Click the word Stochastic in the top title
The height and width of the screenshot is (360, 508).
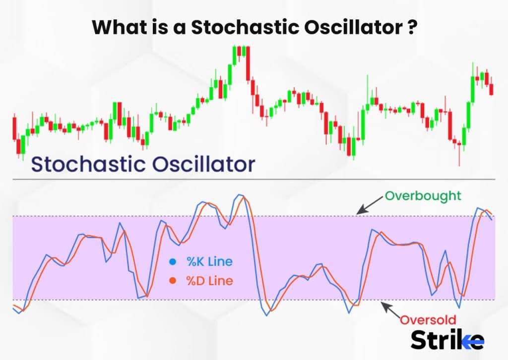245,27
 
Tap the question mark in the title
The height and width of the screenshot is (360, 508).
411,27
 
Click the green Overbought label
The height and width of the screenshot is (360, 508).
423,196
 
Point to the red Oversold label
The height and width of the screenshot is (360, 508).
428,320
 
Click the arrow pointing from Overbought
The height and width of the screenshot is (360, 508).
370,205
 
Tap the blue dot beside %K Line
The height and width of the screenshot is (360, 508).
173,262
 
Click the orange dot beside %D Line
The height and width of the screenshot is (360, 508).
173,281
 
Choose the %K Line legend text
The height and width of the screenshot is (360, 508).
209,262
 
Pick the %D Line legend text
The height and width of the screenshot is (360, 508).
209,281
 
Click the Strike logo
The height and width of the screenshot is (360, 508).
447,340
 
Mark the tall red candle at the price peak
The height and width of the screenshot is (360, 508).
248,63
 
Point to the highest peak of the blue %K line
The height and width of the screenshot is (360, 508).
240,194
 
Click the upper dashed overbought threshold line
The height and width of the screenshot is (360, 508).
254,216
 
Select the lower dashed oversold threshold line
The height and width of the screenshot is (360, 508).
254,300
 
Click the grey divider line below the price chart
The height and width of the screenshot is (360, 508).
254,179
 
